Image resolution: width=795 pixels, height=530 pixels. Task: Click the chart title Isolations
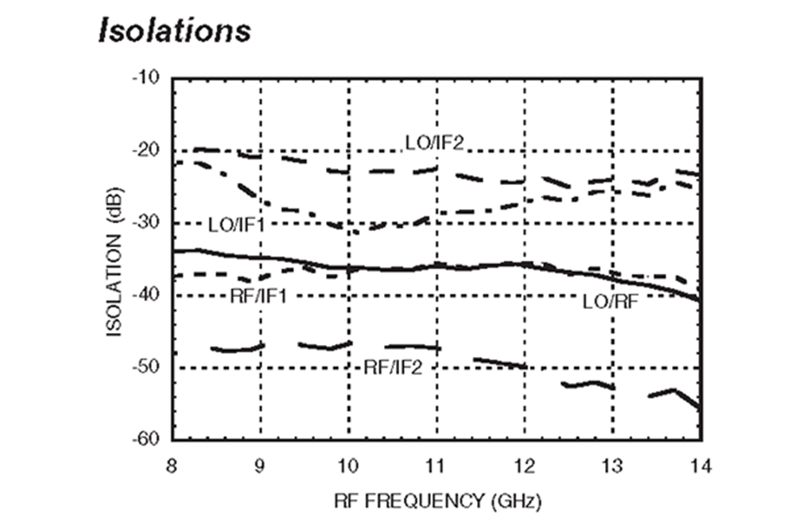pyautogui.click(x=173, y=30)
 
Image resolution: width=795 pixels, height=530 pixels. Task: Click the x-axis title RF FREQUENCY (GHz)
pyautogui.click(x=438, y=501)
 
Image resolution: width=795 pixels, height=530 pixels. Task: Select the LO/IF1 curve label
pyautogui.click(x=235, y=225)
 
